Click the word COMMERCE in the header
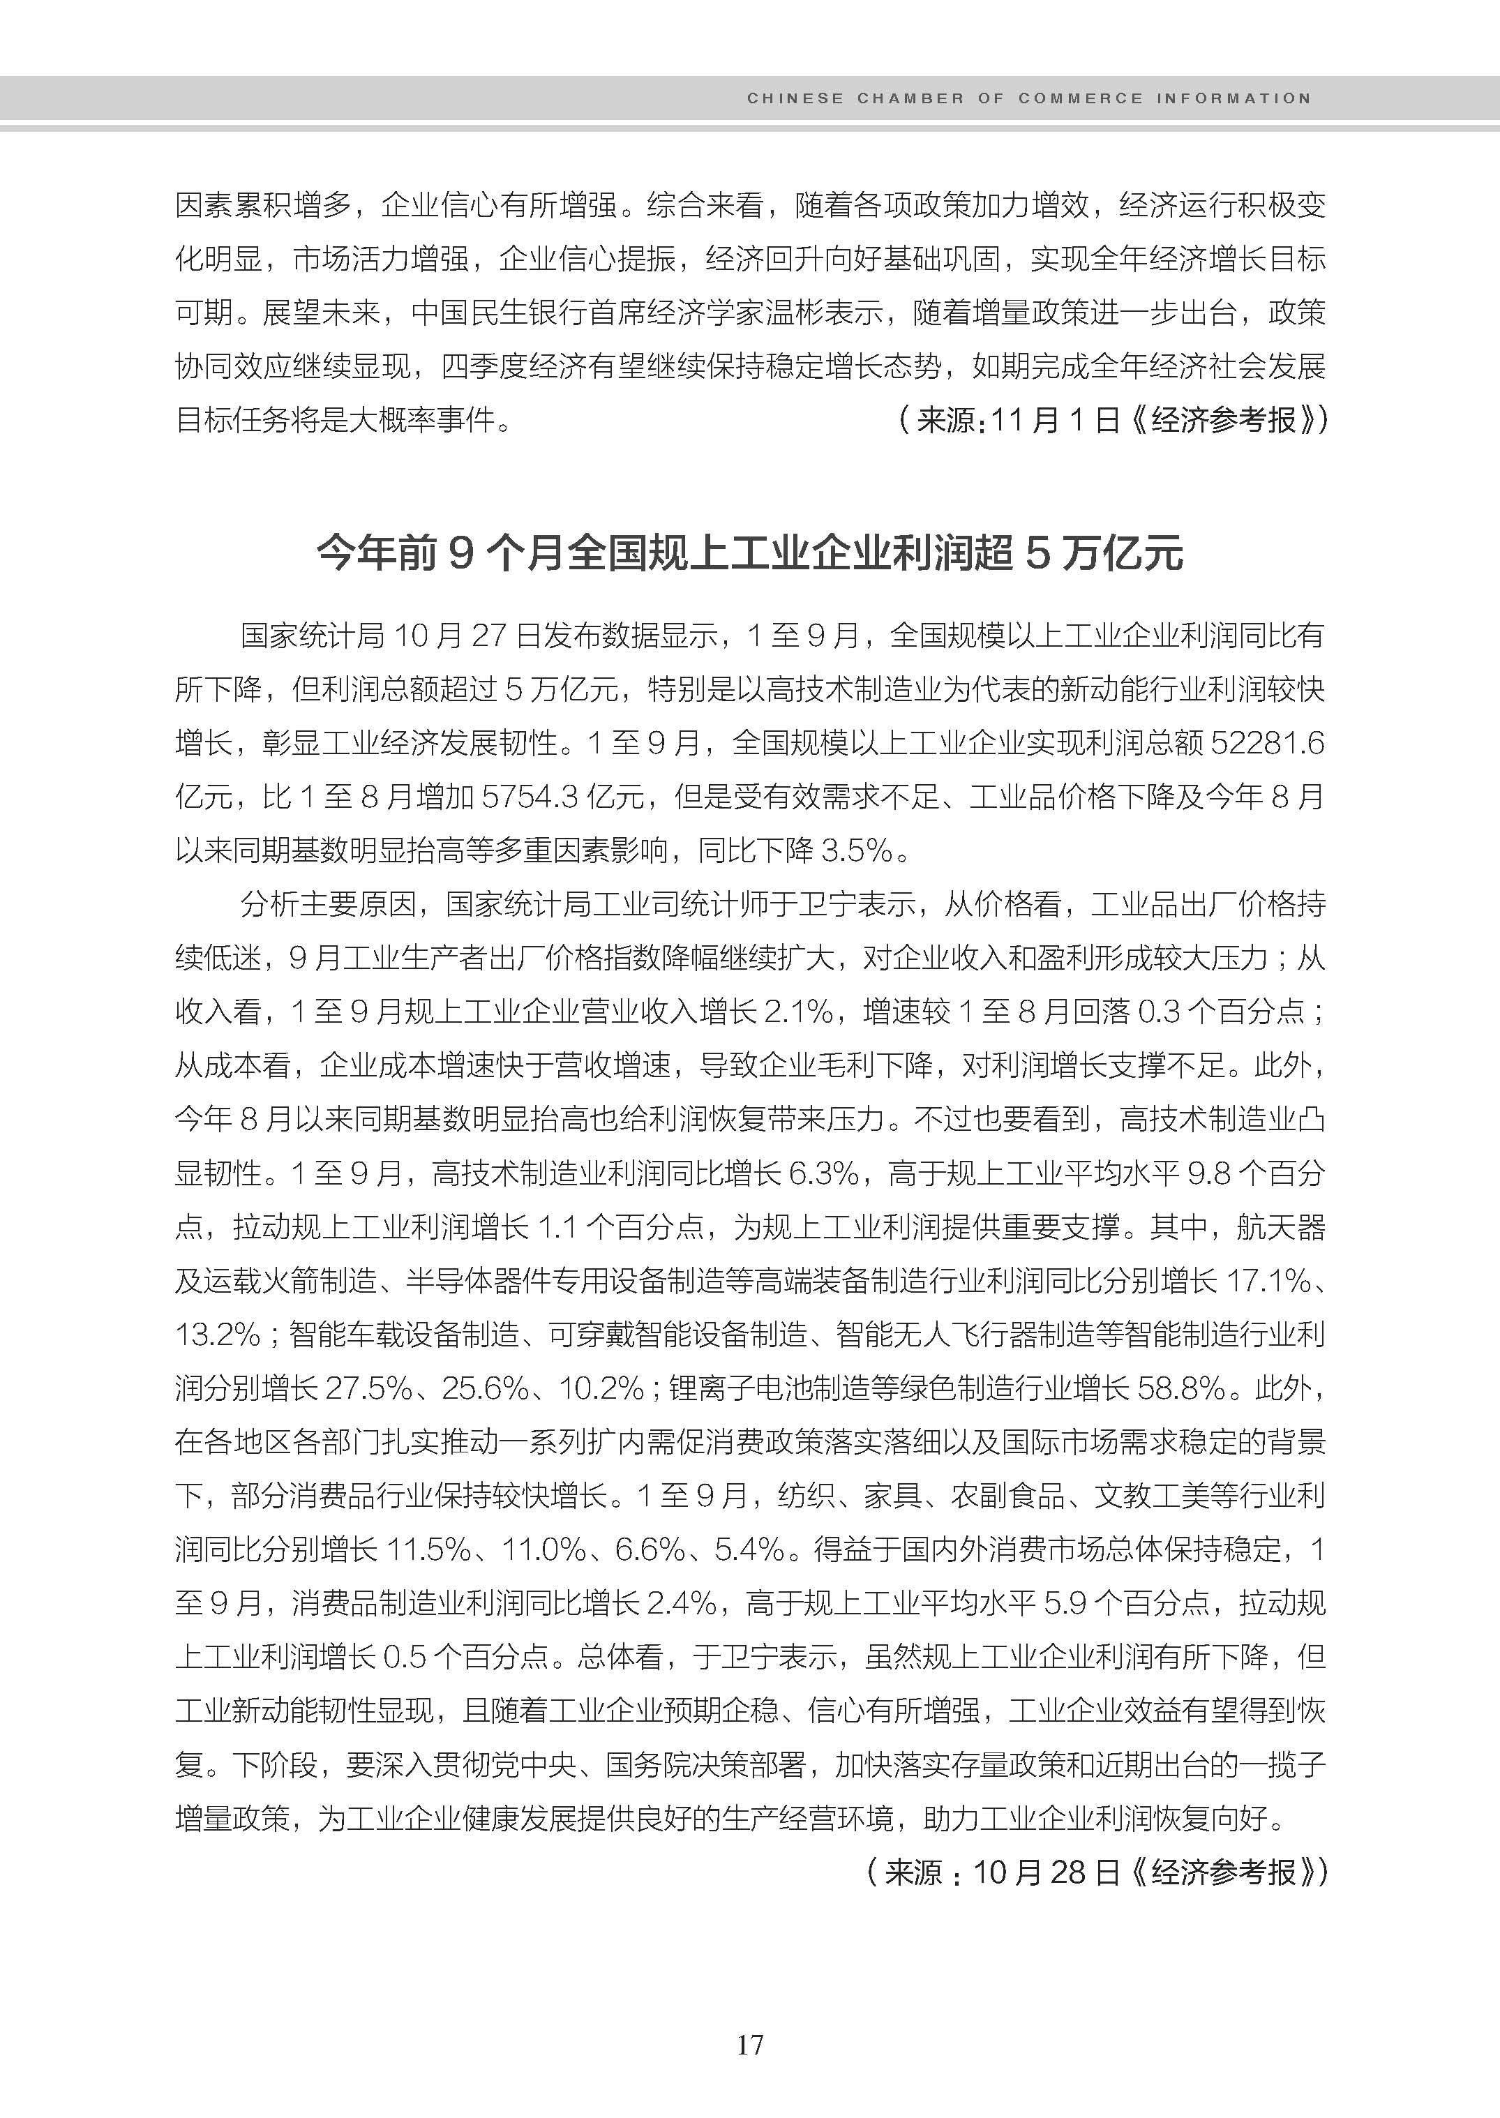[1081, 98]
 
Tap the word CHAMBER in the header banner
[910, 98]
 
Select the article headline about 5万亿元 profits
[750, 553]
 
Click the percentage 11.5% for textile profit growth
[428, 1549]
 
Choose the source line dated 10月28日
[1096, 1872]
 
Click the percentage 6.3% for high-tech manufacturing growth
[824, 1173]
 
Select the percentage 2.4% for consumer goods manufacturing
[682, 1602]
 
